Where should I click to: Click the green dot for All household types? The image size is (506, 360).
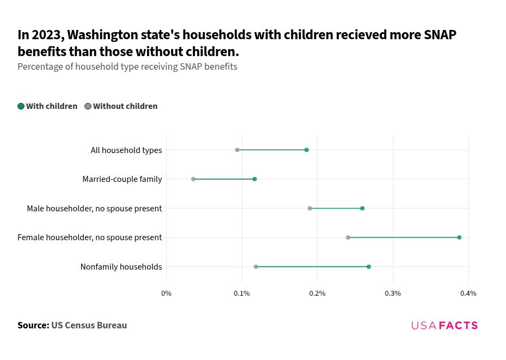pyautogui.click(x=307, y=150)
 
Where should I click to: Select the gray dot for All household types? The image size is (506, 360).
pyautogui.click(x=237, y=150)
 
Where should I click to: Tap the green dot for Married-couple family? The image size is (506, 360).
pyautogui.click(x=254, y=179)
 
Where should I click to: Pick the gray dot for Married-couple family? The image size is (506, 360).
pyautogui.click(x=193, y=179)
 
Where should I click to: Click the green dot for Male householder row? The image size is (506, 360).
pyautogui.click(x=362, y=209)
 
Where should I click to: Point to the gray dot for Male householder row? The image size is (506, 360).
pyautogui.click(x=310, y=209)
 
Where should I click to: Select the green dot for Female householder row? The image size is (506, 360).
pyautogui.click(x=459, y=237)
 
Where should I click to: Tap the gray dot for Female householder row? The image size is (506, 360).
pyautogui.click(x=348, y=237)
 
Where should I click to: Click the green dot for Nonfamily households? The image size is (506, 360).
pyautogui.click(x=369, y=267)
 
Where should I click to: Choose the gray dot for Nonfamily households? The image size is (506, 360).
pyautogui.click(x=256, y=267)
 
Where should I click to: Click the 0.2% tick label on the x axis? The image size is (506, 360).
pyautogui.click(x=317, y=294)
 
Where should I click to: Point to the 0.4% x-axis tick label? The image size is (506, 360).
pyautogui.click(x=468, y=294)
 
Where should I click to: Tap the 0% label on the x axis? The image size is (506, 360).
pyautogui.click(x=166, y=294)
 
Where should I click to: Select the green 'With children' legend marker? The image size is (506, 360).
pyautogui.click(x=21, y=106)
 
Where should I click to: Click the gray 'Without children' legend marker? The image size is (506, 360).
pyautogui.click(x=88, y=106)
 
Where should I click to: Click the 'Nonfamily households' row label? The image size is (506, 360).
pyautogui.click(x=121, y=267)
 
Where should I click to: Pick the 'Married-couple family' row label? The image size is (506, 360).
pyautogui.click(x=122, y=179)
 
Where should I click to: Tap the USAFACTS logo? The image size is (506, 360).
pyautogui.click(x=444, y=326)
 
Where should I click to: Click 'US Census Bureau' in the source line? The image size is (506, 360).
pyautogui.click(x=89, y=325)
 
